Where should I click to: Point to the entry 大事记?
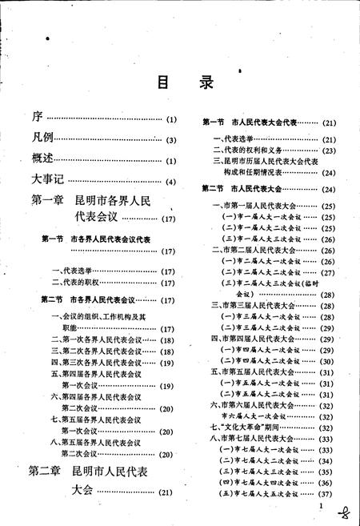[47, 178]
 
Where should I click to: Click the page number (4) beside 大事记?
[171, 180]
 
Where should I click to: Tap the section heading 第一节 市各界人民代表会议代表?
[96, 239]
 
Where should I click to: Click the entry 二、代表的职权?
[80, 283]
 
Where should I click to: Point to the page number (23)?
[329, 150]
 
